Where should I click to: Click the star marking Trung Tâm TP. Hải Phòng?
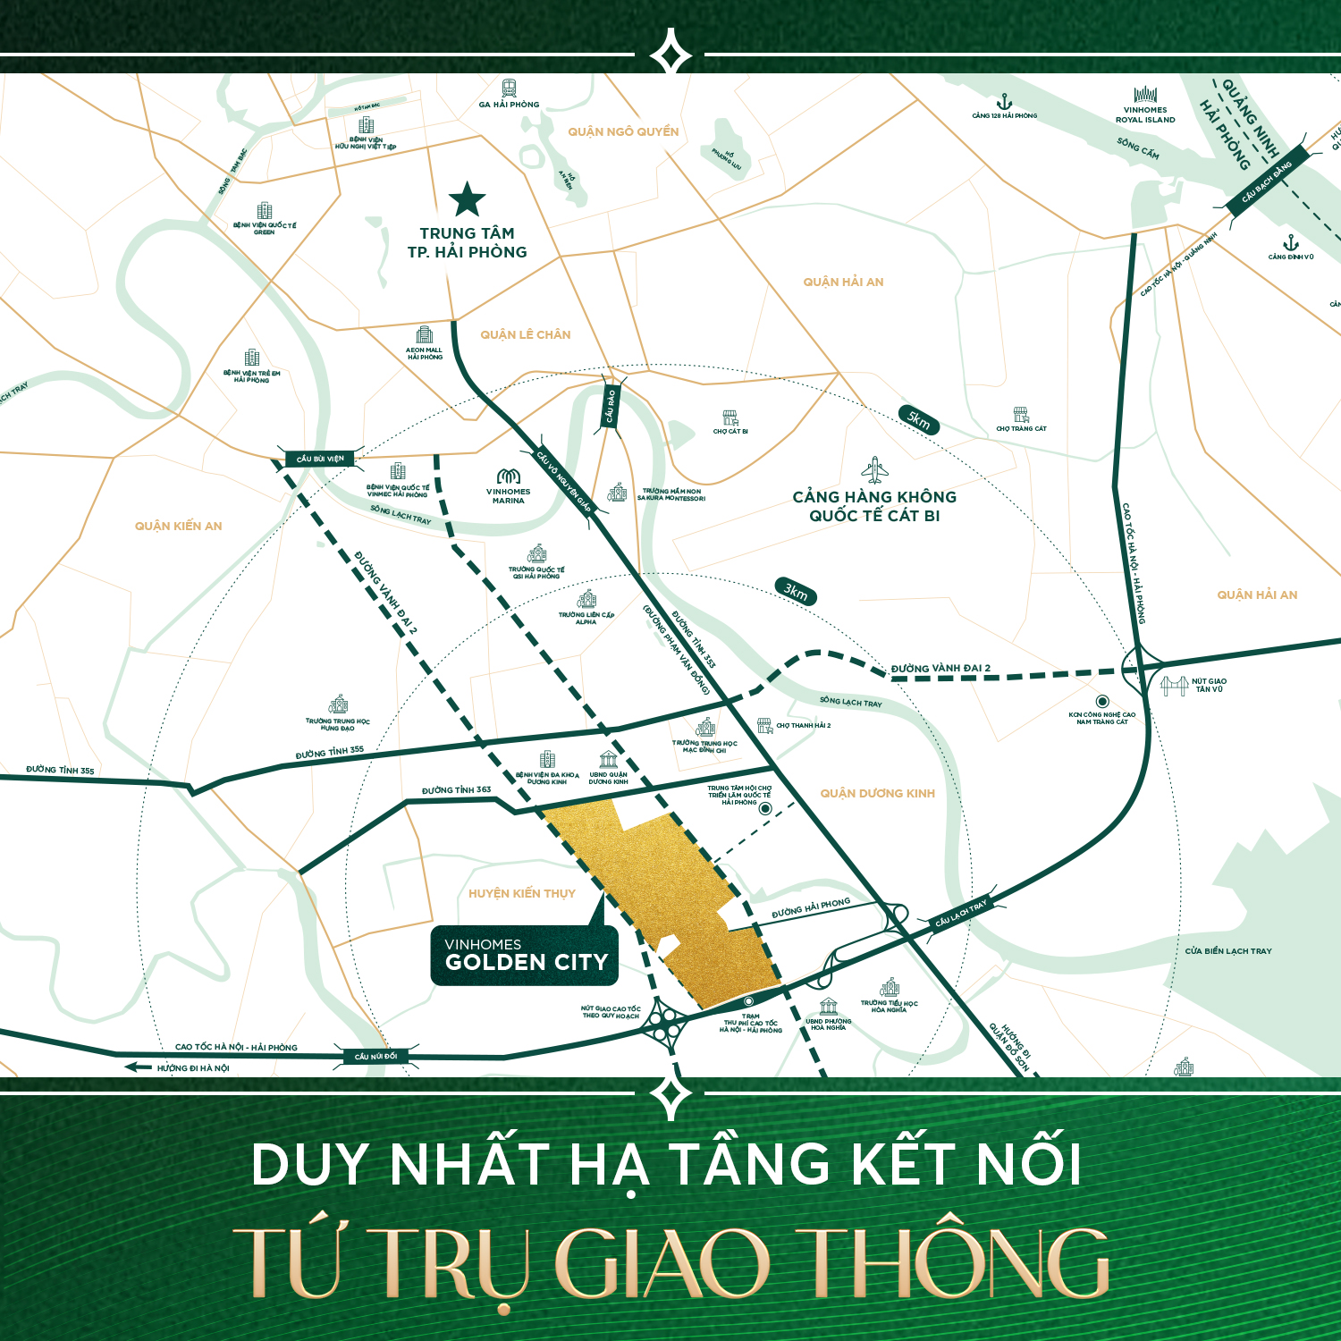467,199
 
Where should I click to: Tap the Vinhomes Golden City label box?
525,956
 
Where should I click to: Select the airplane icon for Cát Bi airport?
874,470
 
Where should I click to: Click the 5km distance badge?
919,419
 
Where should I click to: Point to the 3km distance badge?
795,591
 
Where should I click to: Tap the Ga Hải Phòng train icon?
509,89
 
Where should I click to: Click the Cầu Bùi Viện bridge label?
319,459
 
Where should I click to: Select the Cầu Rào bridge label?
611,406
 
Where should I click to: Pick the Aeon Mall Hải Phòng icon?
425,335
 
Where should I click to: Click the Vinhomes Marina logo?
508,477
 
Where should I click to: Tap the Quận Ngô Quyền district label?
623,131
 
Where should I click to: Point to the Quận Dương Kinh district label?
877,793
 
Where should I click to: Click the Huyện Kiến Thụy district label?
522,893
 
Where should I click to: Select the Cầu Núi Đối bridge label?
375,1056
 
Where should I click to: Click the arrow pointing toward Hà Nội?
138,1067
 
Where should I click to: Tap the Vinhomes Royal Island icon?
1145,95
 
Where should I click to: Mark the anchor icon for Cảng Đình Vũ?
1290,242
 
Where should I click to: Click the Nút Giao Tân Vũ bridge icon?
1173,686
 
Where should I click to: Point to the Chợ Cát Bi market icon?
730,417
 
